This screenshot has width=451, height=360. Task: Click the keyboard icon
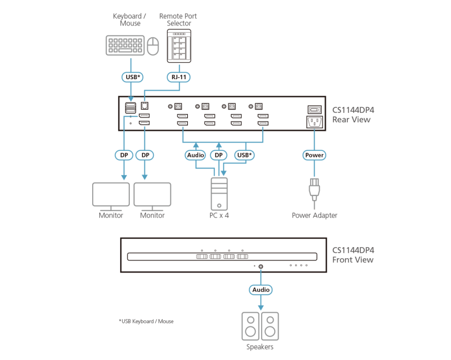pos(125,46)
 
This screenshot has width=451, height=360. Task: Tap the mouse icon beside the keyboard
pos(153,46)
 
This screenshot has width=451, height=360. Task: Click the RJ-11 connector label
pos(179,77)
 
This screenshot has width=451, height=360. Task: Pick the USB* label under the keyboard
pos(131,77)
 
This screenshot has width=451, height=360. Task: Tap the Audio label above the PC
pos(195,155)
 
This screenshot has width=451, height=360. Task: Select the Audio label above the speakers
pos(261,289)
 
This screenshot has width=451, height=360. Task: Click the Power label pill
pos(314,155)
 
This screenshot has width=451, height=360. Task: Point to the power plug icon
pos(314,190)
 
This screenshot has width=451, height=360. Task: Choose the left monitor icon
pos(111,196)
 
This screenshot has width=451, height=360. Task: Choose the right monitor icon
pos(152,196)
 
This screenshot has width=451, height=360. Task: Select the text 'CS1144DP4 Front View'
pos(353,255)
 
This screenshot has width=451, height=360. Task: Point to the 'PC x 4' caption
pos(219,216)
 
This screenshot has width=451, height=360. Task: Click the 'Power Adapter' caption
pos(315,216)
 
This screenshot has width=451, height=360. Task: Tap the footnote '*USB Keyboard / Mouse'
pos(146,321)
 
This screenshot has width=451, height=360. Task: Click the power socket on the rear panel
pos(314,122)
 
